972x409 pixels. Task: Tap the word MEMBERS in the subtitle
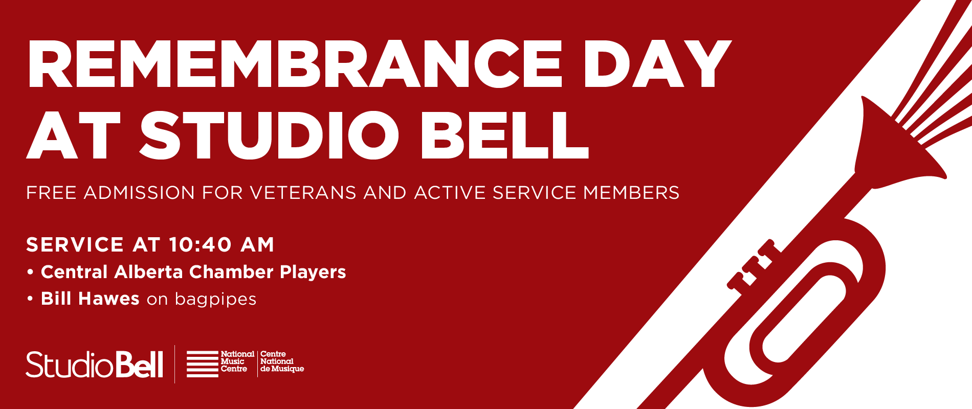631,193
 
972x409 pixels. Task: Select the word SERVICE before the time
75,245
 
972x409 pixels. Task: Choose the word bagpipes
215,300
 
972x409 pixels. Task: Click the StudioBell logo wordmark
95,365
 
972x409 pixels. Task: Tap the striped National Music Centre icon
202,364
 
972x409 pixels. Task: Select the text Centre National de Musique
281,361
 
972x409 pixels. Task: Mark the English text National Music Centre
237,361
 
